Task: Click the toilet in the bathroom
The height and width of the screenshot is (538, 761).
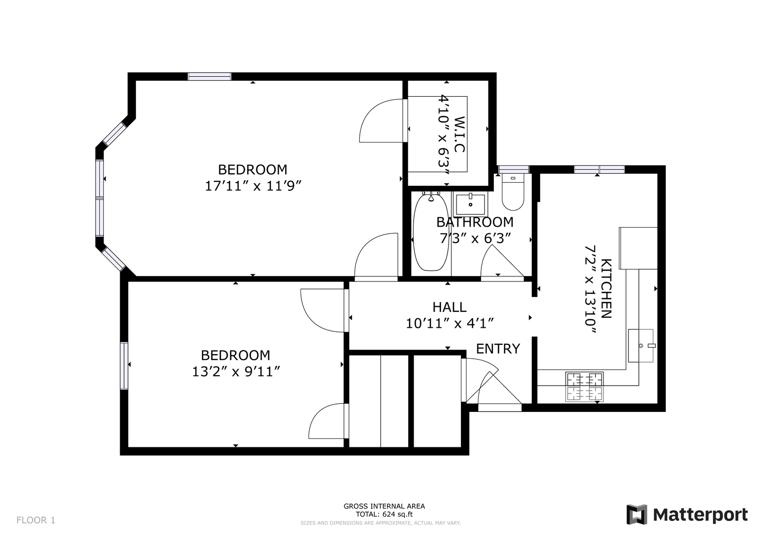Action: [513, 192]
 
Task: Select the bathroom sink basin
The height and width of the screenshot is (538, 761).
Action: [470, 204]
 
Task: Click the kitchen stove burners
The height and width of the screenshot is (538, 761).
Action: [585, 387]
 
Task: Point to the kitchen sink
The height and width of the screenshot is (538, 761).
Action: [641, 346]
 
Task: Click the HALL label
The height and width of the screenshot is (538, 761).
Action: [450, 307]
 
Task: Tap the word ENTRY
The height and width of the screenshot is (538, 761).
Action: [498, 349]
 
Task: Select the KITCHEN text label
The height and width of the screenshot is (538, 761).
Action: [607, 288]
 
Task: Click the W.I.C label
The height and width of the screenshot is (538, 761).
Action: [459, 134]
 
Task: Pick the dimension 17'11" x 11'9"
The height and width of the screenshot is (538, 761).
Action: [254, 186]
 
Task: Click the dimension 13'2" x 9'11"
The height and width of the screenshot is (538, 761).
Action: [236, 372]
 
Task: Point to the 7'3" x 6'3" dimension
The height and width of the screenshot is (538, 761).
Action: [475, 239]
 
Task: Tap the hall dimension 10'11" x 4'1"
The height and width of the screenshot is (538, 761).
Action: [450, 324]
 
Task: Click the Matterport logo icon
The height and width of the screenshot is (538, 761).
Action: [637, 515]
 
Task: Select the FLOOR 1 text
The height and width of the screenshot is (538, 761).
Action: [36, 521]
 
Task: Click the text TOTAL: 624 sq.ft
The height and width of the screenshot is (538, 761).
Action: [384, 514]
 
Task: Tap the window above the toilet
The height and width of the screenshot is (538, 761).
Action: [513, 169]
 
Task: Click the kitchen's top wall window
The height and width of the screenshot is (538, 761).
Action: [600, 169]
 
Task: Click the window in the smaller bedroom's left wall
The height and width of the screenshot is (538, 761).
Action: [124, 366]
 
